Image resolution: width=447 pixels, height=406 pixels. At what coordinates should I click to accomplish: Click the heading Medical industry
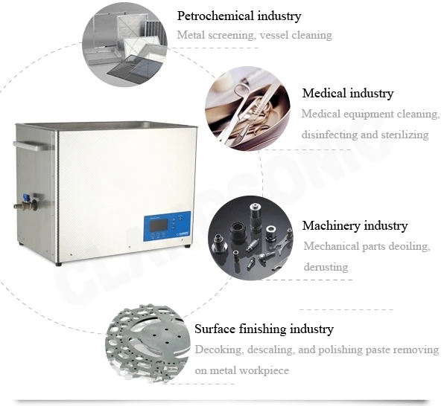pos(347,94)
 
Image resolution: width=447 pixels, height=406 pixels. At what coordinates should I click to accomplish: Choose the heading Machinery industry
pos(355,226)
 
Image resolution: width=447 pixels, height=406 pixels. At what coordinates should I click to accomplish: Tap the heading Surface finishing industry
pos(264,329)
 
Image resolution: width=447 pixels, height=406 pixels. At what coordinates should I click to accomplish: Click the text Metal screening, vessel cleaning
pos(254,36)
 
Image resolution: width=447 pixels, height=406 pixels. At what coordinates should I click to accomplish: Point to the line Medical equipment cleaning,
pos(370,114)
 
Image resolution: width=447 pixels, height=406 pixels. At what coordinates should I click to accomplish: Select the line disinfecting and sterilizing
pos(364,135)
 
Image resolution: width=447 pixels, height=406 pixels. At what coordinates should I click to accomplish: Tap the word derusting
pos(327,266)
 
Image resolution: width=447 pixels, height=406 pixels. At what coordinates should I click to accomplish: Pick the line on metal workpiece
pos(241,370)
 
